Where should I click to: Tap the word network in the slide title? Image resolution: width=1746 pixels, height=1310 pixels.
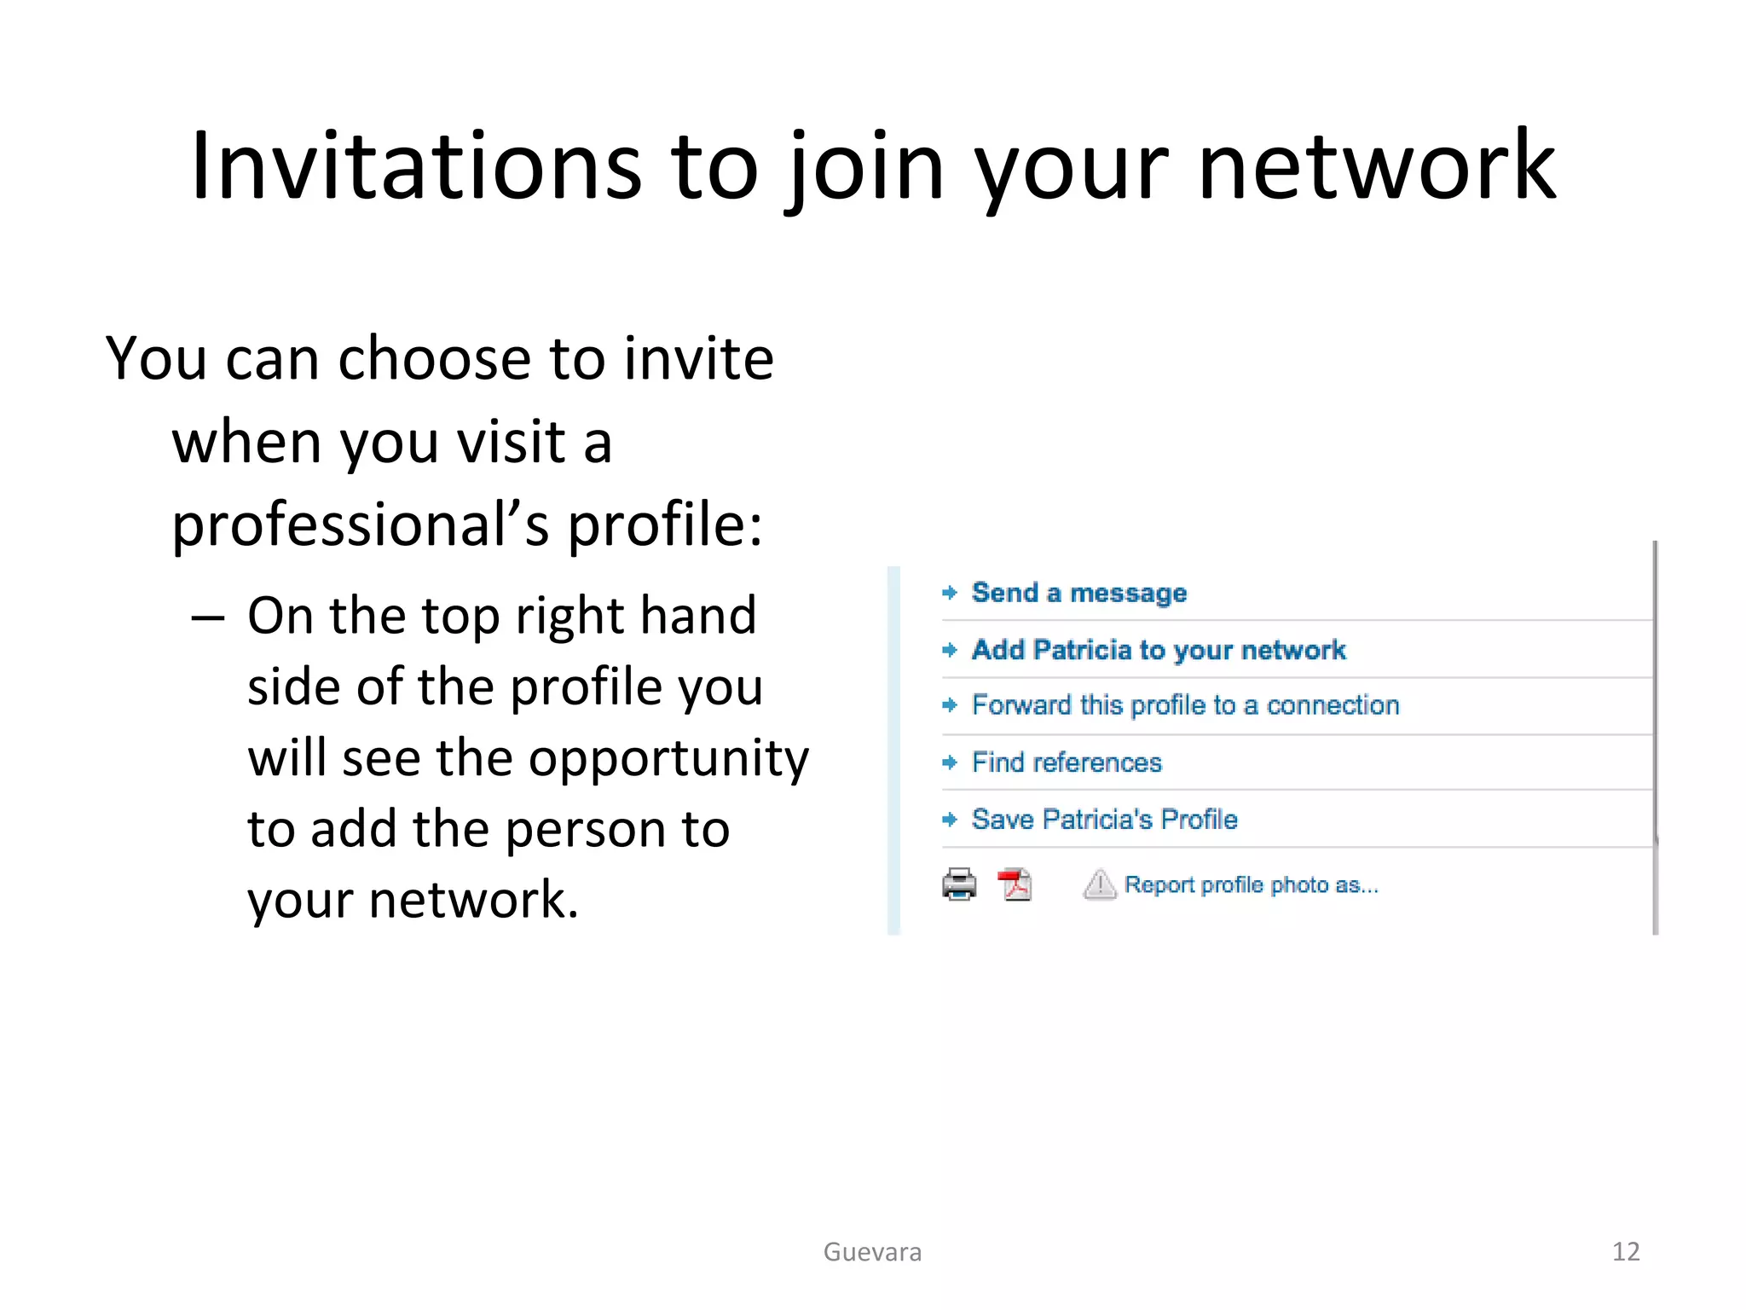[1377, 166]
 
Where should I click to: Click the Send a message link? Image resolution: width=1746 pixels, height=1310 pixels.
[1078, 593]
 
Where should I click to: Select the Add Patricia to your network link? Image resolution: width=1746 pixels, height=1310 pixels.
[1159, 650]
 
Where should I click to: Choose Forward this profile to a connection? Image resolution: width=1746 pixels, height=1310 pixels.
[1185, 705]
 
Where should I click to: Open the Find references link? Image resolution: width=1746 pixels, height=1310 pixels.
[1067, 762]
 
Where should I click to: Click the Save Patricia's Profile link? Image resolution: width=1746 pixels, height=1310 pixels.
[1104, 820]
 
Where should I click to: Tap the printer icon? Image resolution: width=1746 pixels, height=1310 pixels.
[959, 884]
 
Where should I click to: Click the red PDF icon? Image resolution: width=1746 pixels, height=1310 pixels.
[1015, 884]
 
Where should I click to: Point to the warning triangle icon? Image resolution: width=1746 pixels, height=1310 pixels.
[1099, 884]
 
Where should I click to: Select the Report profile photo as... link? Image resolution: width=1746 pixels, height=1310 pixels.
[1251, 885]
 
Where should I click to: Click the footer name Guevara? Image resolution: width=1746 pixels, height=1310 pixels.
[872, 1252]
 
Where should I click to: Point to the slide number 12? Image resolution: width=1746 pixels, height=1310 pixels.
[1626, 1252]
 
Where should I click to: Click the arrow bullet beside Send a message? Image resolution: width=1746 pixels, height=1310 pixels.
[950, 593]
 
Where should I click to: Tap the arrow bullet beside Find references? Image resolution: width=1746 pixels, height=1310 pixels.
[950, 762]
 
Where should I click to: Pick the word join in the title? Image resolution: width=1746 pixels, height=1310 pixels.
[865, 166]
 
